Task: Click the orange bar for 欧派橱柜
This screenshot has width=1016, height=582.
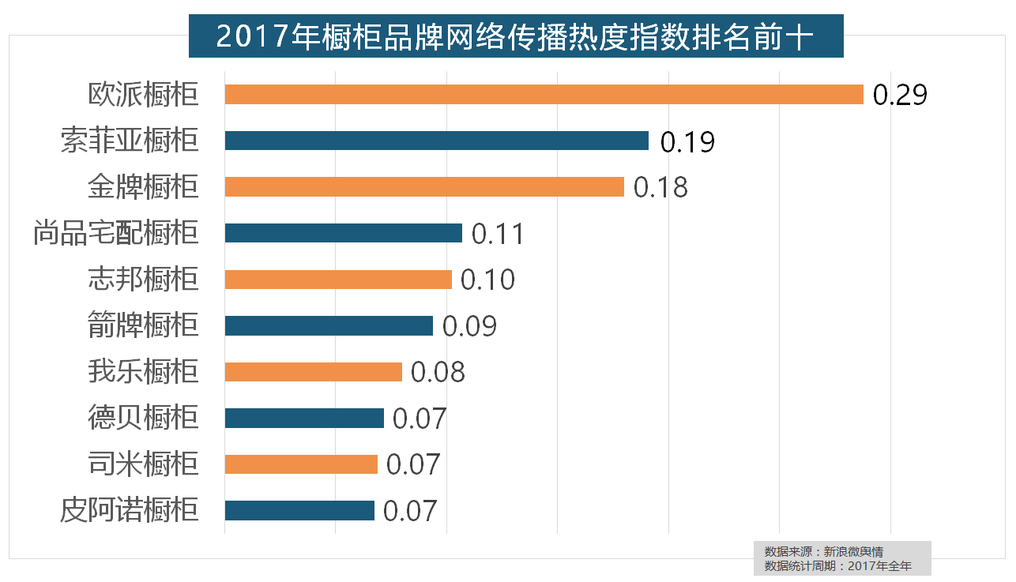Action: point(544,95)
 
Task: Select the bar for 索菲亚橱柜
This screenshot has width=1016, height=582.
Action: point(436,141)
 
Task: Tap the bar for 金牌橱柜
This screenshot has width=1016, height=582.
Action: point(424,187)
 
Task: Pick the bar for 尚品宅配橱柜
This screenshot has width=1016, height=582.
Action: point(343,233)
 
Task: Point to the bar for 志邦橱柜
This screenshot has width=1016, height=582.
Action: point(338,280)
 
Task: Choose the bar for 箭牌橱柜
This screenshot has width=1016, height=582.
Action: point(329,325)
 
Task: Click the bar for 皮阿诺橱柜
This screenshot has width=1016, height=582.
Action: point(299,510)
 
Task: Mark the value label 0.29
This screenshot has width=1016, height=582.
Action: point(900,95)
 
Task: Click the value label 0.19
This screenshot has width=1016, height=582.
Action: point(687,141)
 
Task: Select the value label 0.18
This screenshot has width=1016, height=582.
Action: point(661,187)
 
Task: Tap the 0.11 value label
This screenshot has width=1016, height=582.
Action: point(498,234)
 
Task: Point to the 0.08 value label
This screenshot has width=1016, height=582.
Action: point(438,372)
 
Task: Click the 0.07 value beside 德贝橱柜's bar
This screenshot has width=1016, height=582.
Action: point(420,418)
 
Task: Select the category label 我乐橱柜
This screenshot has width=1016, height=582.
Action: point(143,371)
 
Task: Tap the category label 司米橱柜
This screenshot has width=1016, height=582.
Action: point(143,464)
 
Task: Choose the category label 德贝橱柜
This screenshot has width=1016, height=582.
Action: point(143,417)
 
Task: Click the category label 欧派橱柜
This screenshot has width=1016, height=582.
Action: point(143,95)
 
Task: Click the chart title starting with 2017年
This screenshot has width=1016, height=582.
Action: point(515,37)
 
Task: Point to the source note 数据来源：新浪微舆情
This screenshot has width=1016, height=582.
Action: point(823,551)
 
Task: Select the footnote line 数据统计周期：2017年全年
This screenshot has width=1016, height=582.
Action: point(837,565)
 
